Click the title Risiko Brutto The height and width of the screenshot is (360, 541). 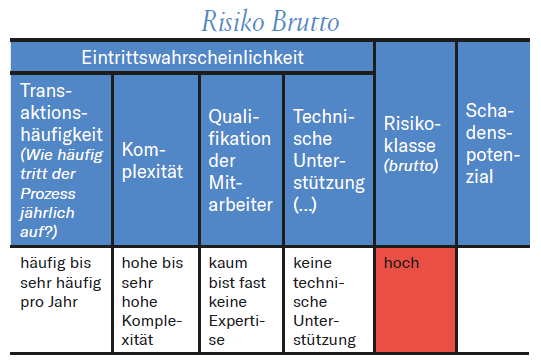click(x=270, y=20)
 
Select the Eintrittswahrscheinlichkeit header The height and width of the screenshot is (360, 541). click(x=193, y=57)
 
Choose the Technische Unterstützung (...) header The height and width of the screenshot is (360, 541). click(x=326, y=160)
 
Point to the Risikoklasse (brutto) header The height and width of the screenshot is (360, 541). click(x=411, y=145)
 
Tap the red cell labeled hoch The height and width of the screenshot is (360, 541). click(x=414, y=297)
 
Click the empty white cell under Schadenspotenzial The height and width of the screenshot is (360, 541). click(x=497, y=297)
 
